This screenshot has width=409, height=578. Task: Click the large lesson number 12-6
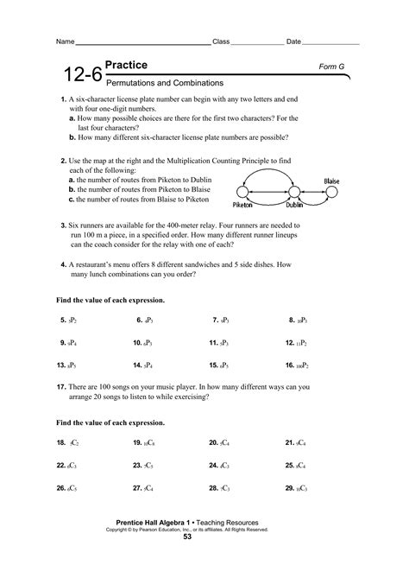(x=75, y=78)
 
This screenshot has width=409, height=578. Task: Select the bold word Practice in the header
(x=125, y=66)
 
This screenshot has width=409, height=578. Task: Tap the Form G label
(x=332, y=67)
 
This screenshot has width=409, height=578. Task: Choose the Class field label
(x=221, y=41)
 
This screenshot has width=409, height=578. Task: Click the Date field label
(x=293, y=41)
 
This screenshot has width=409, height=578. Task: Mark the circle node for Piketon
(x=249, y=192)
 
